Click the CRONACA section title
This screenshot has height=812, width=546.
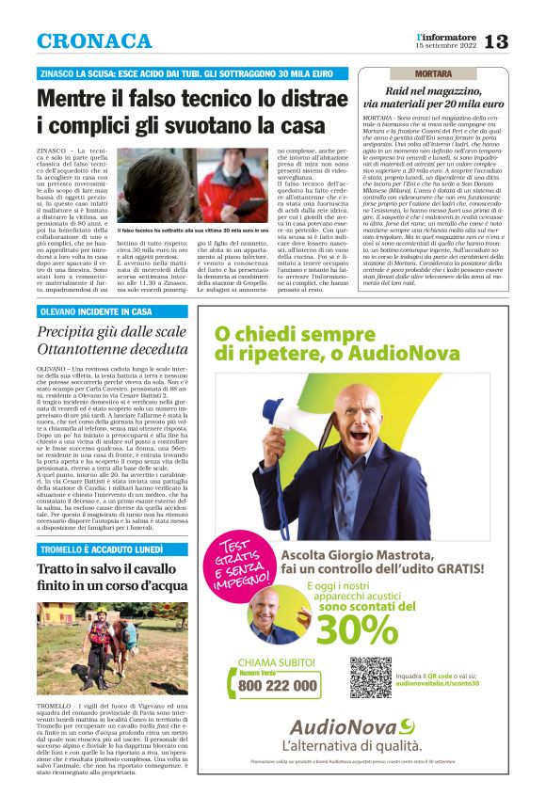pos(94,41)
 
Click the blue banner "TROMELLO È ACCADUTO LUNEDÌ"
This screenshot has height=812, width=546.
pos(104,549)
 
